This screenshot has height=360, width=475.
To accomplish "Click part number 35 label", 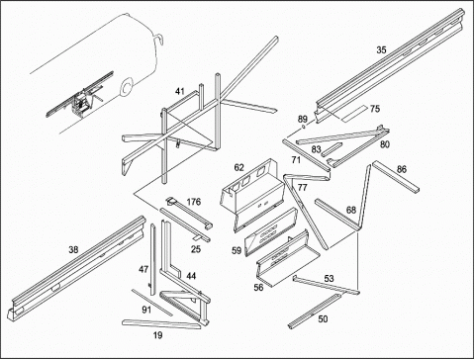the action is [381, 50].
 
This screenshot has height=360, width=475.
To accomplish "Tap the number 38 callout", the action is [73, 250].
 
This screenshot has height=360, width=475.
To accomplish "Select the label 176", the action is [194, 202].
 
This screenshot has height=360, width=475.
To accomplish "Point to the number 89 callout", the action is [303, 119].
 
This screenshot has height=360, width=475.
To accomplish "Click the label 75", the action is [375, 109].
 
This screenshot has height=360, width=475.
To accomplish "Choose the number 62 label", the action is [238, 167].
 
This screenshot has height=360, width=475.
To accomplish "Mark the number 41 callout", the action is [180, 91].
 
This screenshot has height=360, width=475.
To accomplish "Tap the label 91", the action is [146, 310].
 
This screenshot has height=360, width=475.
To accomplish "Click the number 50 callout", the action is [323, 319].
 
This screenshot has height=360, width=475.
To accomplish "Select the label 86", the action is [402, 169].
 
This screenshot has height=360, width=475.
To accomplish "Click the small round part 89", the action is [303, 128].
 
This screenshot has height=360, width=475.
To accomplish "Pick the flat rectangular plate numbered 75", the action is [354, 114].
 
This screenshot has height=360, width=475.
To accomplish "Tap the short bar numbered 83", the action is [331, 149].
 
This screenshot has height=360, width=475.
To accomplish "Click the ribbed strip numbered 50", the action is [315, 312].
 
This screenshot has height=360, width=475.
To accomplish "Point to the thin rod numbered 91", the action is [152, 303].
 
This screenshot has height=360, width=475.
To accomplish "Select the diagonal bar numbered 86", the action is [396, 176].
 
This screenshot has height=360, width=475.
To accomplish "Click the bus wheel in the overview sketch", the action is [126, 88].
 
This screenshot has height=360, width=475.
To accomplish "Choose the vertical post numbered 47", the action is [152, 260].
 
